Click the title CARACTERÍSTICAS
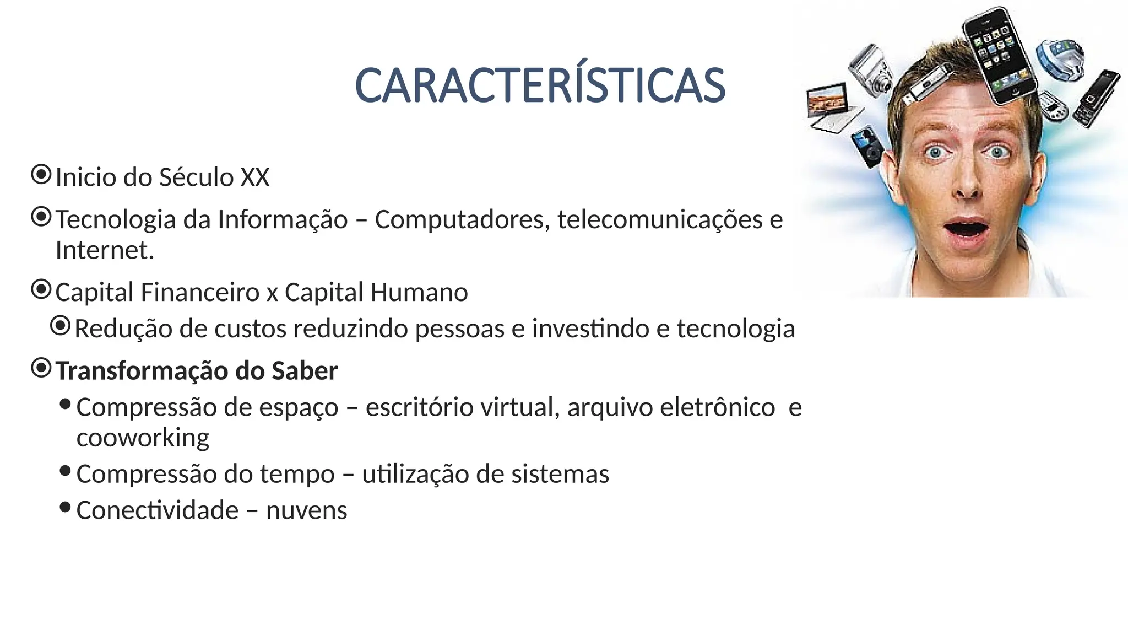(540, 86)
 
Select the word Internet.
(104, 250)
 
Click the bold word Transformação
(142, 370)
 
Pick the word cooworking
(143, 438)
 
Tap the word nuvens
(306, 510)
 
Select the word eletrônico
(717, 408)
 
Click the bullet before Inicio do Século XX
(41, 175)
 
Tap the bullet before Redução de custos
(60, 326)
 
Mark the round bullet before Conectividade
(65, 507)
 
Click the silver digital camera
(871, 69)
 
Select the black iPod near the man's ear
(867, 146)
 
